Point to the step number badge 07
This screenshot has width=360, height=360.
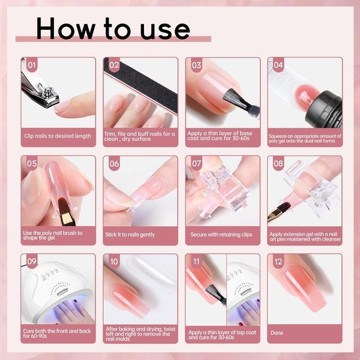pos(196,163)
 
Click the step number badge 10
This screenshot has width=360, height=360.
pos(114,262)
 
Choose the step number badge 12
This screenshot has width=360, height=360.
pos(278,262)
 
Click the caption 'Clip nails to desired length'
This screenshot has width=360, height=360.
pos(58,136)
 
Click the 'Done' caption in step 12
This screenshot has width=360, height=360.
pos(277,332)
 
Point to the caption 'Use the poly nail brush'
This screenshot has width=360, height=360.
pos(54,234)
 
